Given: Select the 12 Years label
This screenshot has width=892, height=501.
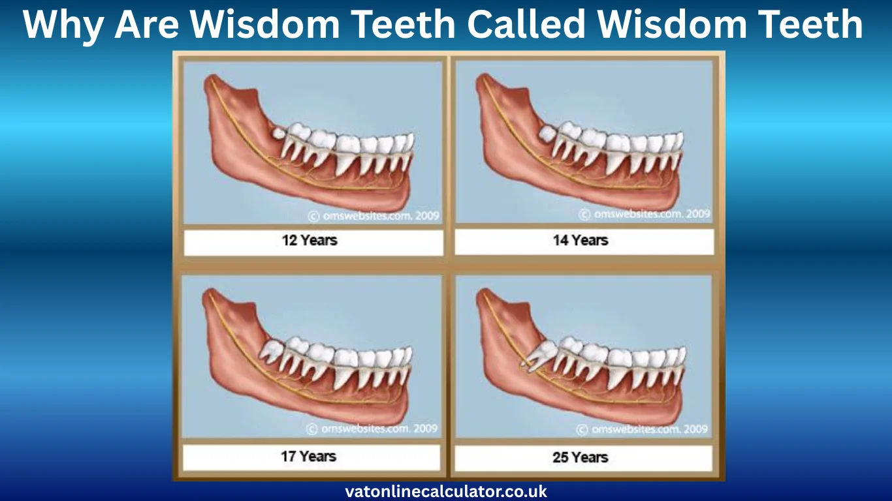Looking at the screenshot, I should [310, 240].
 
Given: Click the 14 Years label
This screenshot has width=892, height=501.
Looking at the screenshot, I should [581, 240].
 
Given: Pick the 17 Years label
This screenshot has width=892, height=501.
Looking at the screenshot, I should [308, 456].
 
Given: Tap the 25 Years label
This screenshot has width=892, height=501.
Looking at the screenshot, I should [581, 457].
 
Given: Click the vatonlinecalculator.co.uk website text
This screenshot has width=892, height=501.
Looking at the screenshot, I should [446, 491].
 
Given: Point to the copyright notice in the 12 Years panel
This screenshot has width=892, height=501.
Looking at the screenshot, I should [374, 215].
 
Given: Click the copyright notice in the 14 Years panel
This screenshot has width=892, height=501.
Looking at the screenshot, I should [645, 214].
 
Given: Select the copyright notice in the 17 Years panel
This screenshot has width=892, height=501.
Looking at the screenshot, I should [372, 429].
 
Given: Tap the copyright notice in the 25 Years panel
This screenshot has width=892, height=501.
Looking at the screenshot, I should [643, 429].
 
